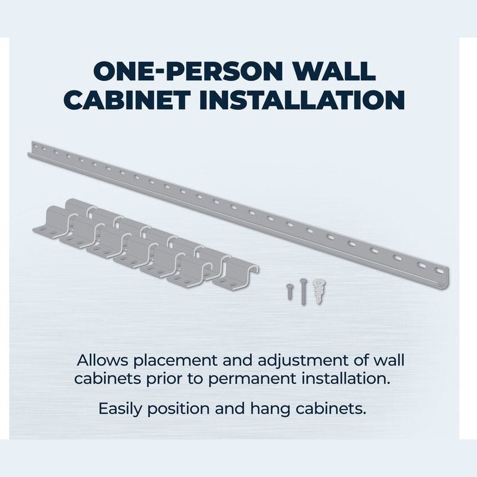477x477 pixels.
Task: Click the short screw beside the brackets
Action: coord(290,292)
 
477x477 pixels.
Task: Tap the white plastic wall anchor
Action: coord(319,290)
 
